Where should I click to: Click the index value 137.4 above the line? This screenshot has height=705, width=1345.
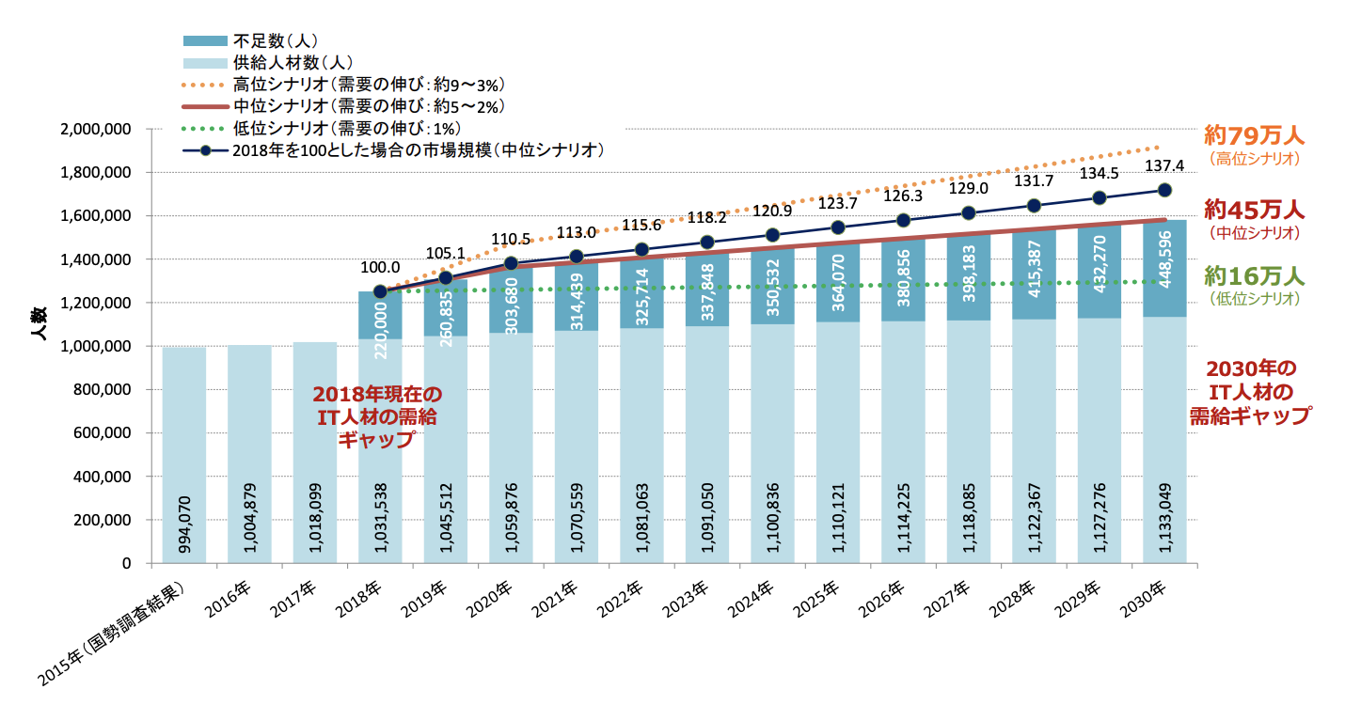point(1163,165)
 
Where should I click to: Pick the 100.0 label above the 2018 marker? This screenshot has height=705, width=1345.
point(380,268)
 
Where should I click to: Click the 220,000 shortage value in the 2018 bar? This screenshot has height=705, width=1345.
point(380,315)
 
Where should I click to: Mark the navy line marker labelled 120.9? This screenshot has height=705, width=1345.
point(772,235)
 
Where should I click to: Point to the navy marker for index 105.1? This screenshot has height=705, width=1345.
point(446,278)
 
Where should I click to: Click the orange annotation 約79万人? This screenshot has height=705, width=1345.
point(1255,135)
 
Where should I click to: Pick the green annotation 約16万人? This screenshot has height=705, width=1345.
point(1255,276)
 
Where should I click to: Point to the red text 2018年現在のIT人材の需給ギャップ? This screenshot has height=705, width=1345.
point(377,415)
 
